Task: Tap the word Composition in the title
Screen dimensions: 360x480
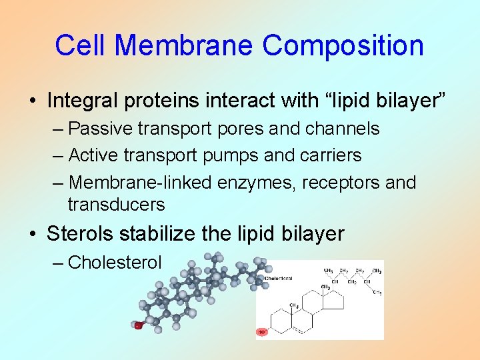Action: click(343, 45)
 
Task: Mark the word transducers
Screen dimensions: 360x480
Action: click(116, 204)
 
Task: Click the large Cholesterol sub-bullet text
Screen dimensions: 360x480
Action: click(115, 263)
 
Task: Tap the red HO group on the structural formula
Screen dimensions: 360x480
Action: click(262, 331)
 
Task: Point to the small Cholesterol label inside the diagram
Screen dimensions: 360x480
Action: click(279, 278)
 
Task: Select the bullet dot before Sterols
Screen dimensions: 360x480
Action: click(33, 235)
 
